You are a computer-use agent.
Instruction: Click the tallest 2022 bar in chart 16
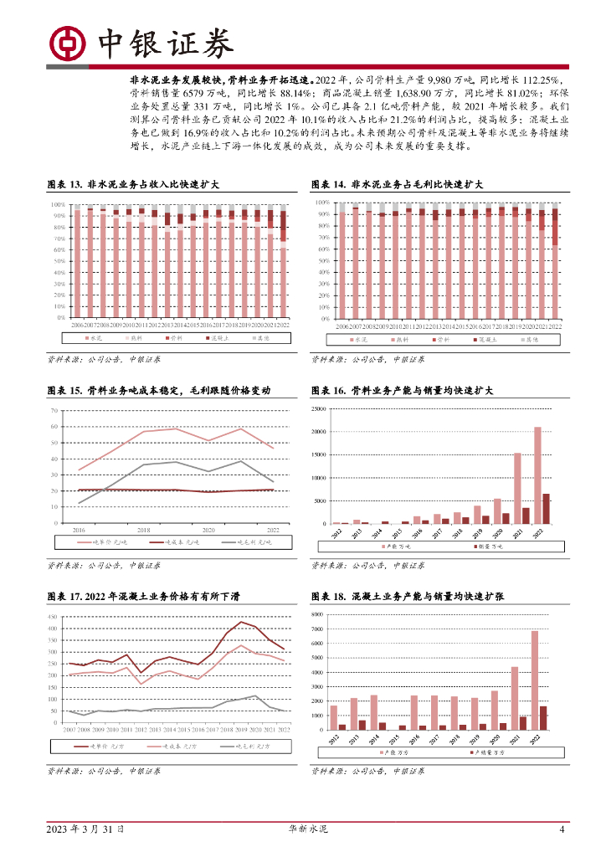(x=537, y=475)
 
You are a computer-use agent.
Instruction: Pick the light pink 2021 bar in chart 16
(x=517, y=488)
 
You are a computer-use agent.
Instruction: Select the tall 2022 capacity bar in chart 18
(x=535, y=680)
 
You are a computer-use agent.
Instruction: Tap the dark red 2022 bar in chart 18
(x=543, y=717)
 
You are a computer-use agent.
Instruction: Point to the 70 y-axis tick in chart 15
(x=54, y=410)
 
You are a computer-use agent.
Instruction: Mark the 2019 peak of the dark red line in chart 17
(x=243, y=622)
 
